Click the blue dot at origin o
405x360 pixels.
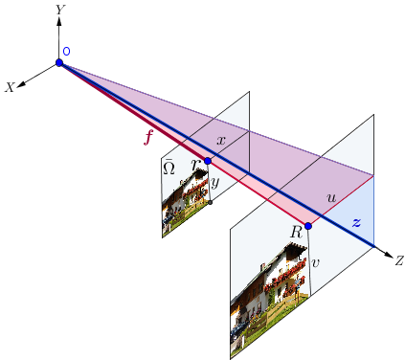[x=58, y=63]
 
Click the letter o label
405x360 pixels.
[x=66, y=52]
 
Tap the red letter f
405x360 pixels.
[x=147, y=138]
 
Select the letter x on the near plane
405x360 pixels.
[x=220, y=141]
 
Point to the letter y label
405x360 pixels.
[x=215, y=181]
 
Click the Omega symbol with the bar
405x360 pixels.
[x=169, y=168]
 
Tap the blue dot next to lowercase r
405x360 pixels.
[x=207, y=161]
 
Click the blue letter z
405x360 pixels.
[x=356, y=222]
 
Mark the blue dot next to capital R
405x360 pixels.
[x=307, y=227]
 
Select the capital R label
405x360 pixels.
[x=296, y=232]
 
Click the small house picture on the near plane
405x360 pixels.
[x=184, y=201]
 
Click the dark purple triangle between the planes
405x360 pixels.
[x=282, y=153]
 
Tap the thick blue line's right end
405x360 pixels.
[x=373, y=246]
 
